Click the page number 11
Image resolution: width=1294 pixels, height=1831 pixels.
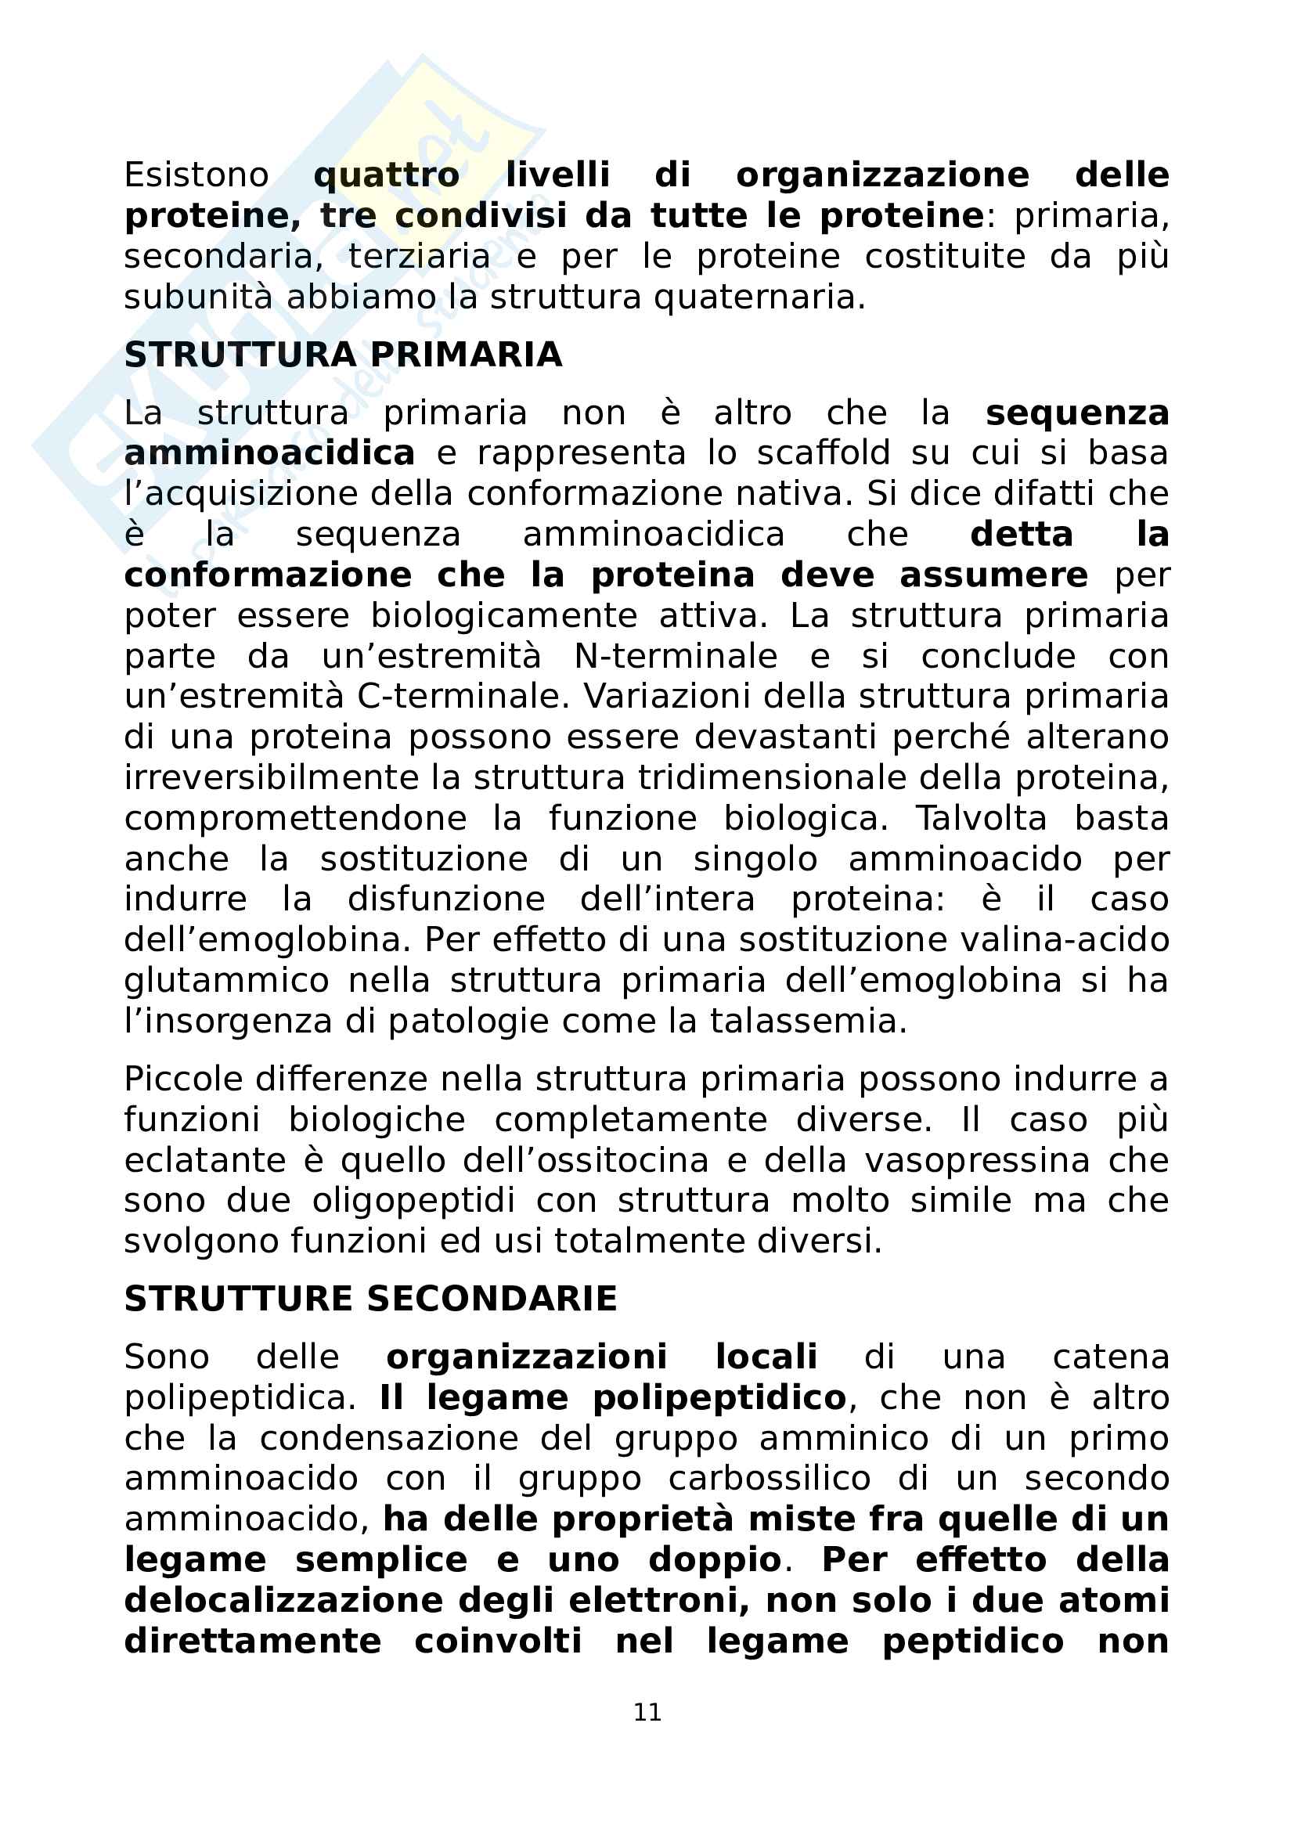[x=647, y=1711]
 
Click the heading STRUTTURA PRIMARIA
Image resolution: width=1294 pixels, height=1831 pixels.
[x=343, y=355]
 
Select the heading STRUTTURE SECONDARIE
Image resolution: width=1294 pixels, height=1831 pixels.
[x=371, y=1300]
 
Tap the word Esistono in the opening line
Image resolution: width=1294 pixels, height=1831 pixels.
[x=196, y=175]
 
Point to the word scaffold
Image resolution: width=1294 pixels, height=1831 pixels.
[x=824, y=453]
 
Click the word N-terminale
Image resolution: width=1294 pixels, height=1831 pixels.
[x=676, y=656]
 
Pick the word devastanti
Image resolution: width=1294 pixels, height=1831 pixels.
[x=784, y=737]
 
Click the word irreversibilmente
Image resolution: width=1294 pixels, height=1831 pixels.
[x=272, y=777]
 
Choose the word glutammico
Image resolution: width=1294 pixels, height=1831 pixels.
[x=226, y=981]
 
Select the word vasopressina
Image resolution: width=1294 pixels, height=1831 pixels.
[x=978, y=1160]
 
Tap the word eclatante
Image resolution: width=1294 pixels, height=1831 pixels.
[x=205, y=1160]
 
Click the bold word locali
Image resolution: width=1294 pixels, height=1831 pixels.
[x=766, y=1357]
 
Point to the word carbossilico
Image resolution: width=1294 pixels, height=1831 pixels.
[x=770, y=1479]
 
